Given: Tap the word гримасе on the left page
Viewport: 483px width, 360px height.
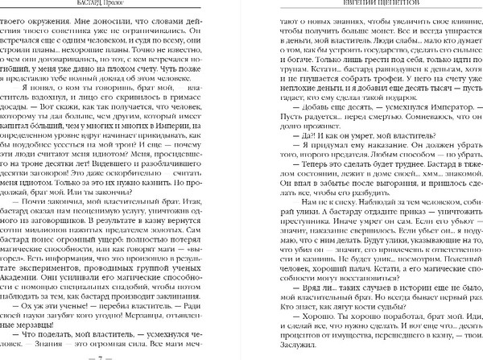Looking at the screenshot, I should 180,105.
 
